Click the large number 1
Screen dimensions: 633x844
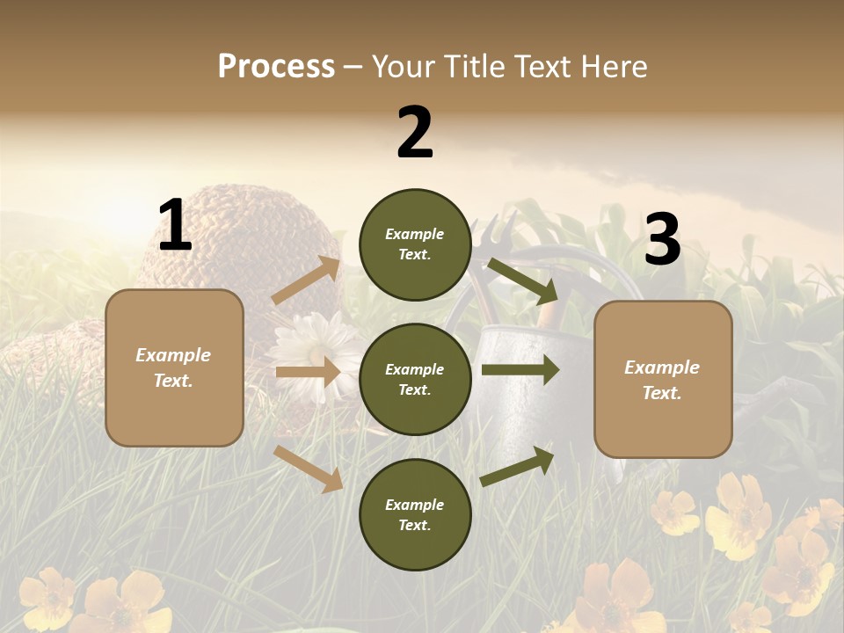[x=175, y=226]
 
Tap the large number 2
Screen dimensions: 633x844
[x=415, y=133]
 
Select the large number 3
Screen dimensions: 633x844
[x=662, y=239]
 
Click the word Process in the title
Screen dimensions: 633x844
[x=276, y=66]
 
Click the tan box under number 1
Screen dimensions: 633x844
[x=174, y=367]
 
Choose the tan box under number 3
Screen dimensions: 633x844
[x=663, y=379]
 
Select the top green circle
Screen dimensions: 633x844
[x=415, y=244]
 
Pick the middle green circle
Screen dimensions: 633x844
[x=415, y=380]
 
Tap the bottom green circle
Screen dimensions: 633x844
[x=415, y=515]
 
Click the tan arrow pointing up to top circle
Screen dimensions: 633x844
[x=307, y=280]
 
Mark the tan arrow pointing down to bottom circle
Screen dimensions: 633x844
[x=309, y=468]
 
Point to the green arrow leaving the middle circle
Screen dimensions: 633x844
[x=520, y=370]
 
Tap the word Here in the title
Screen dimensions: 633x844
[x=613, y=66]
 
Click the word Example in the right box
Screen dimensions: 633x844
[x=662, y=367]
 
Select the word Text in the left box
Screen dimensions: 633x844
[x=172, y=381]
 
